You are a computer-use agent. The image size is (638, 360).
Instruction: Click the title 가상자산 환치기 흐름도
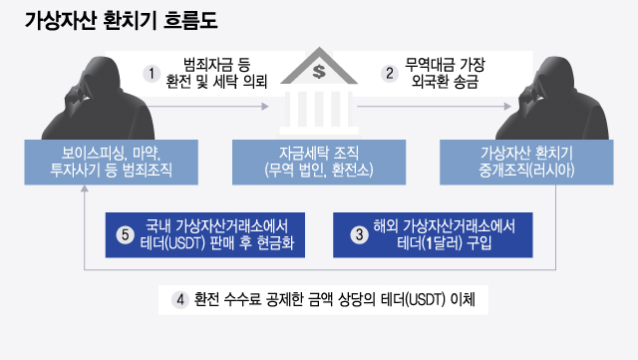coord(121,20)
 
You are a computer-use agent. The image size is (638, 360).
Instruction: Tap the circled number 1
coord(152,74)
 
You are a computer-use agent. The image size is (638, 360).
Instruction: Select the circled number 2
coord(390,74)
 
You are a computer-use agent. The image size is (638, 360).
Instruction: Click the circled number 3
coord(359,235)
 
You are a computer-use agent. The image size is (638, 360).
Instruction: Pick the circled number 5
coord(125,235)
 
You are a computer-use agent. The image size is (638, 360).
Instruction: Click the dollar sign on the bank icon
coord(318,71)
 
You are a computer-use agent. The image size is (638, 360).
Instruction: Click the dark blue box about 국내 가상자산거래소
coord(204,235)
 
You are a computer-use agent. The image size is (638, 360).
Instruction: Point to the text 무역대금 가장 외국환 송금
coord(445,74)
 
